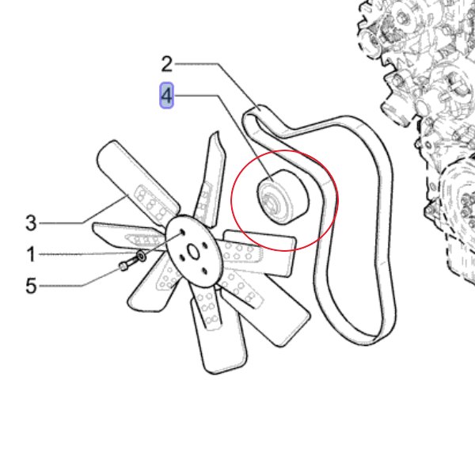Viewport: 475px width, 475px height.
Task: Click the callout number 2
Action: pyautogui.click(x=167, y=64)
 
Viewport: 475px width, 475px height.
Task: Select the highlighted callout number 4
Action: pyautogui.click(x=166, y=96)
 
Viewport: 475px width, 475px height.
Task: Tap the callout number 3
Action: pyautogui.click(x=31, y=223)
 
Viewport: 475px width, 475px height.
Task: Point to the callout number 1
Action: pyautogui.click(x=31, y=254)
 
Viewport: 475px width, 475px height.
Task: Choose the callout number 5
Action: pyautogui.click(x=31, y=286)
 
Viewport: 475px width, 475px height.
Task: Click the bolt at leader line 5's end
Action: pyautogui.click(x=128, y=264)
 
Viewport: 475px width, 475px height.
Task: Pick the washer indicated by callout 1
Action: pyautogui.click(x=142, y=256)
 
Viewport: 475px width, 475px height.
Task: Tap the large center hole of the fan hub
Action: pyautogui.click(x=193, y=252)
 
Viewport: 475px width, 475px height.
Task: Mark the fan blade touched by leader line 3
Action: pyautogui.click(x=137, y=179)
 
